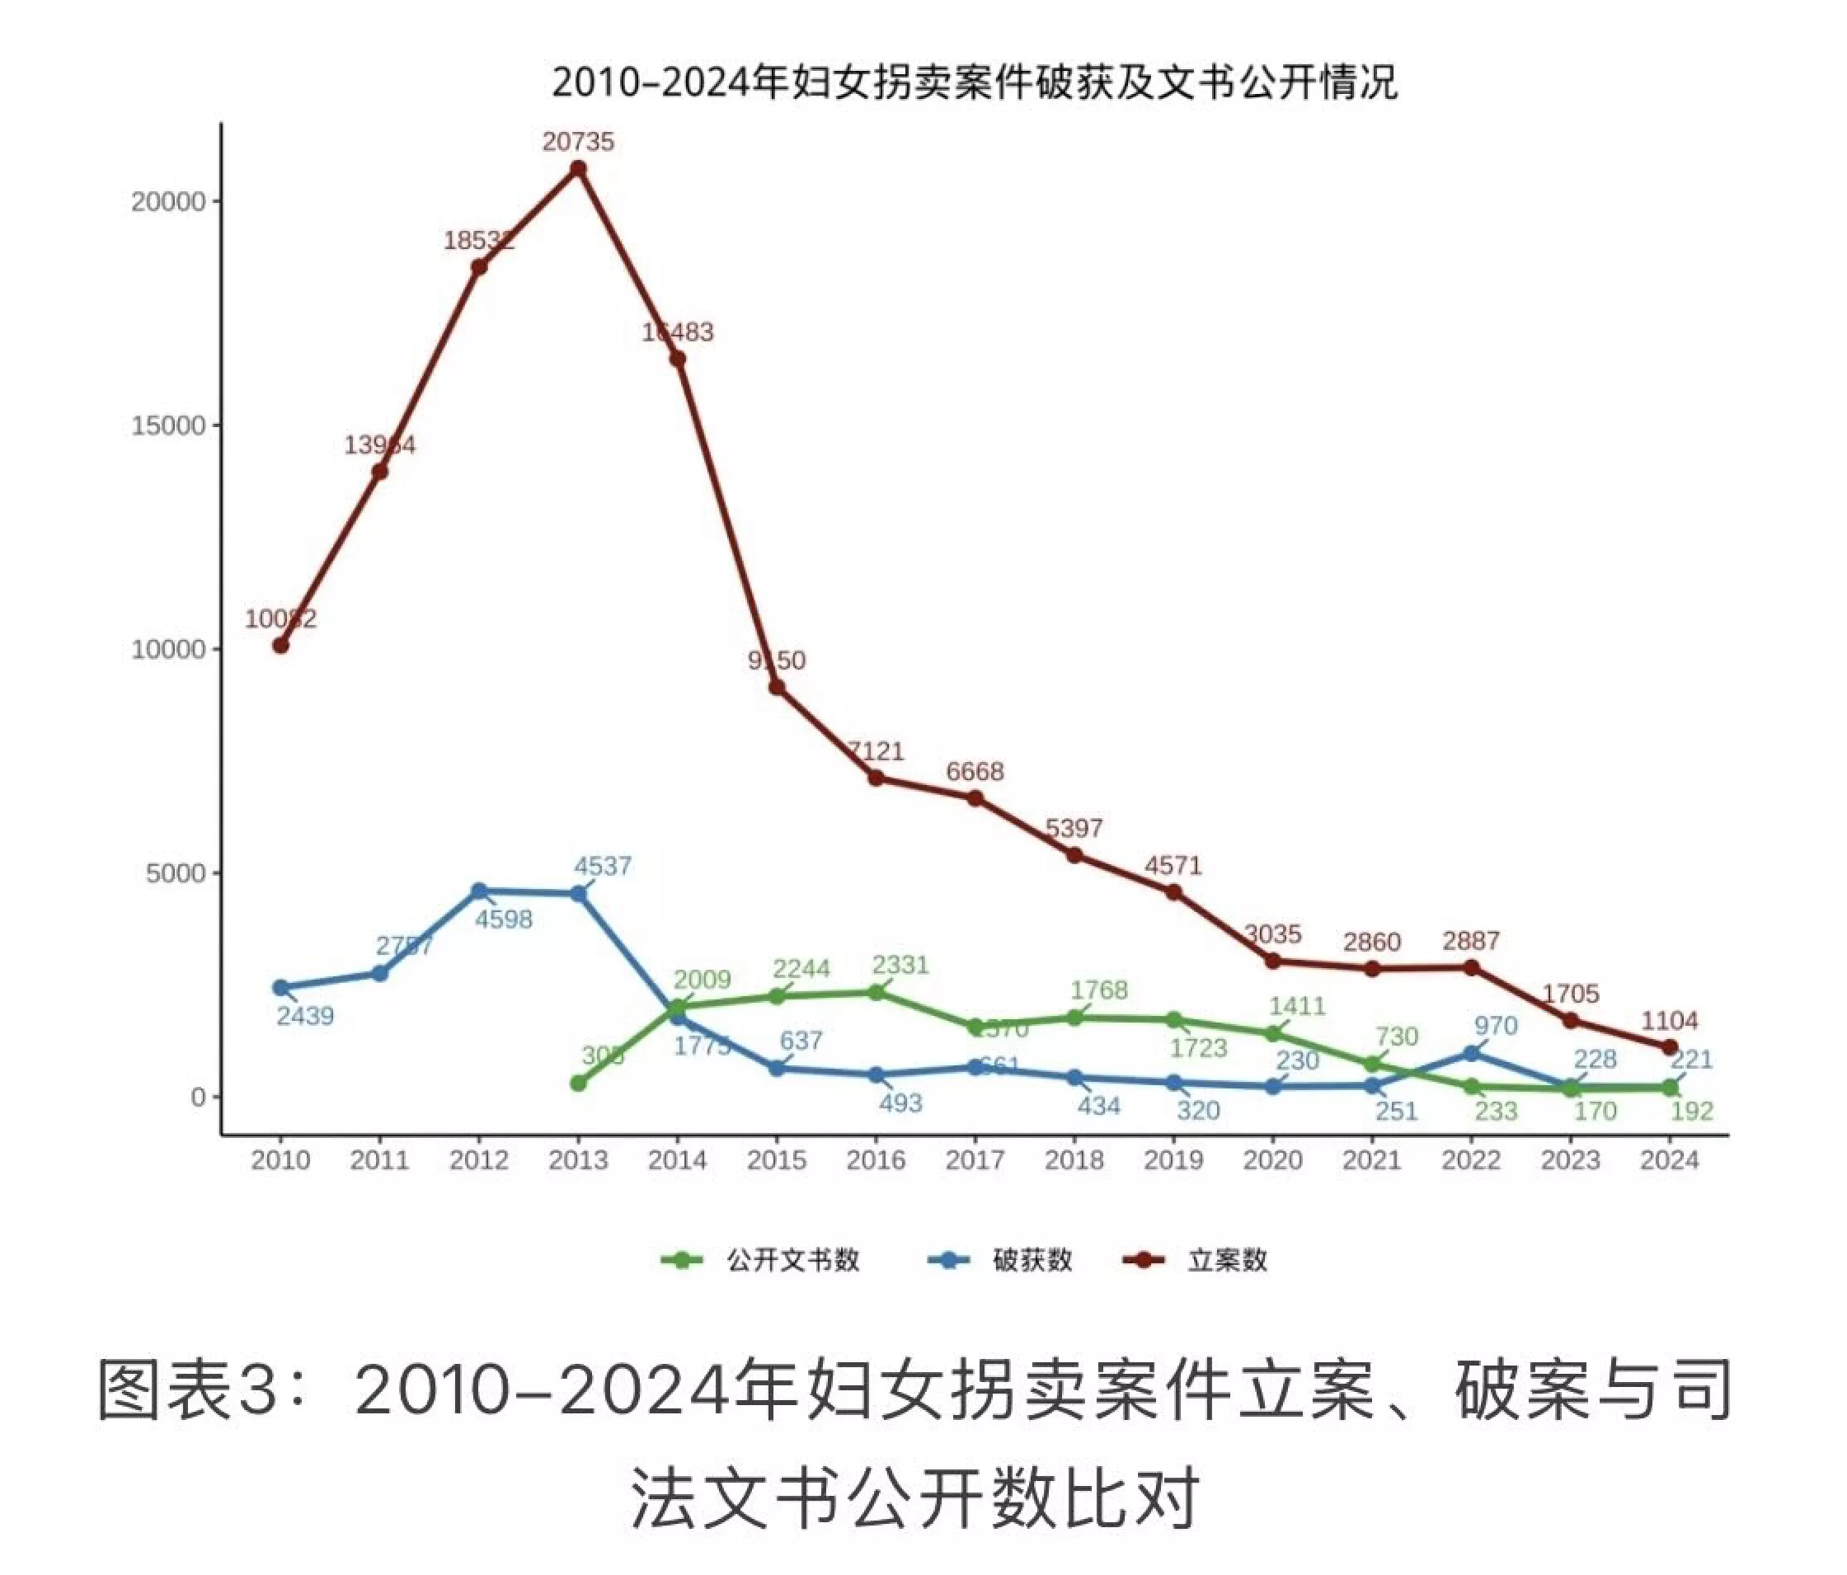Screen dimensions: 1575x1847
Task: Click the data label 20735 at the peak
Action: [578, 142]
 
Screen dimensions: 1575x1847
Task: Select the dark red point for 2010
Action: [281, 645]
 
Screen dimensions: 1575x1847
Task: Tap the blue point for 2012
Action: [479, 891]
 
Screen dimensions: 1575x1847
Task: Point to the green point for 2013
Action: [578, 1083]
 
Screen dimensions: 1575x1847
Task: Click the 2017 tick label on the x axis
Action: [975, 1159]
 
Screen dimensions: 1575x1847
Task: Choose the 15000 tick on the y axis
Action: [168, 426]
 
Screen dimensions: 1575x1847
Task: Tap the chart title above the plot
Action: [975, 82]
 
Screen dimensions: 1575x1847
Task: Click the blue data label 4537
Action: [603, 866]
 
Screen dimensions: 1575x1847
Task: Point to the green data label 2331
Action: [900, 965]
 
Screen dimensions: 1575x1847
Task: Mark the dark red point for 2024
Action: [1670, 1046]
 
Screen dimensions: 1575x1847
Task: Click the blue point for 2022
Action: [1471, 1054]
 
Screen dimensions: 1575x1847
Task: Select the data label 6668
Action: [975, 771]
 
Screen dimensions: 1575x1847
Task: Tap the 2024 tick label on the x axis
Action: [1670, 1159]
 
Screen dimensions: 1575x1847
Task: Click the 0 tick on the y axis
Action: [198, 1098]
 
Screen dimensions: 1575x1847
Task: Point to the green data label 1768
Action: [1099, 990]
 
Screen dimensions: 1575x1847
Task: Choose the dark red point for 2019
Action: [1173, 891]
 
